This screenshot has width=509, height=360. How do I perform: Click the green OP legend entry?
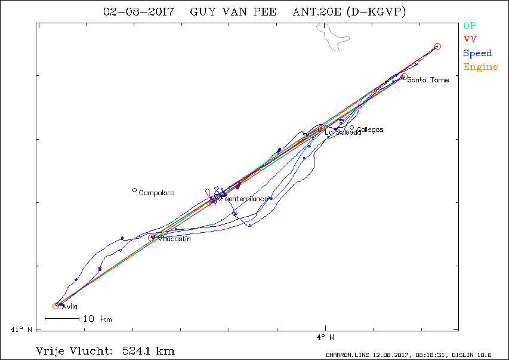470,26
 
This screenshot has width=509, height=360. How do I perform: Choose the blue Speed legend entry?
477,53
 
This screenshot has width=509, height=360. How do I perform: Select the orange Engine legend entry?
480,67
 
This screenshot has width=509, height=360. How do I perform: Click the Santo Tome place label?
428,80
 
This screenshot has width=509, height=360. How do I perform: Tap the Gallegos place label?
369,130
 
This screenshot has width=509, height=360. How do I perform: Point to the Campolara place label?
156,193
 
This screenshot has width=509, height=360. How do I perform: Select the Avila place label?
70,307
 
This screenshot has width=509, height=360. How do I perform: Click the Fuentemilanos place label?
243,199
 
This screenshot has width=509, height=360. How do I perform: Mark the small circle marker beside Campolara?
134,190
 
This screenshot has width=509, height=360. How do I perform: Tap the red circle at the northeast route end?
437,47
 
